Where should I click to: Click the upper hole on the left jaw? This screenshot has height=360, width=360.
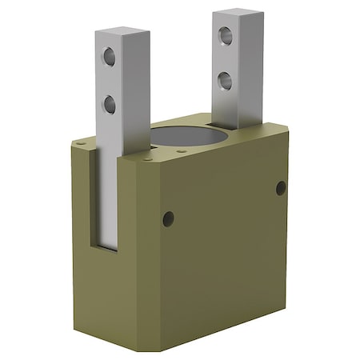click(x=109, y=56)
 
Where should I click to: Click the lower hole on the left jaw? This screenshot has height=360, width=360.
click(x=109, y=103)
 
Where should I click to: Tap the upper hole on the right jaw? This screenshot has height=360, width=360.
click(x=226, y=35)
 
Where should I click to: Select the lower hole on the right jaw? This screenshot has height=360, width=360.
click(x=226, y=78)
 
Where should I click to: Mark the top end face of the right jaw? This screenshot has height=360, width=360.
click(x=238, y=12)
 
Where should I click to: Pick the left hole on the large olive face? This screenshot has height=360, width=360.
click(x=167, y=218)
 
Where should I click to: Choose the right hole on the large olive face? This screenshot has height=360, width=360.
click(x=281, y=188)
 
